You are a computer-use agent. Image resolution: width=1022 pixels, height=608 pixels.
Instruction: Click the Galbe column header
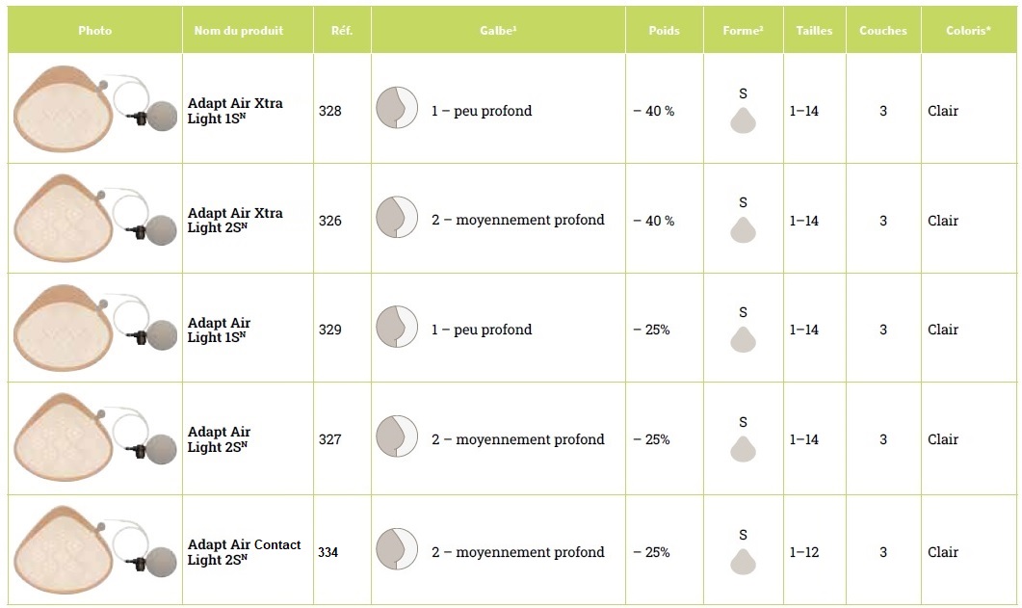coord(497,30)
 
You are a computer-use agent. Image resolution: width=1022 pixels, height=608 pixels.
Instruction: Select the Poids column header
coord(664,30)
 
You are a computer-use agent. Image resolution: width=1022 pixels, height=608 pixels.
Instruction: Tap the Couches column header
coord(882,30)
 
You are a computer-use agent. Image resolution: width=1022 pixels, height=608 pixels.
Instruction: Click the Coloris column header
coord(968,30)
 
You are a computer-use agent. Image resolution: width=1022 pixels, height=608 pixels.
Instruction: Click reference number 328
coord(329,111)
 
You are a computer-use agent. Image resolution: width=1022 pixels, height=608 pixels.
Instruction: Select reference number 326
coord(329,221)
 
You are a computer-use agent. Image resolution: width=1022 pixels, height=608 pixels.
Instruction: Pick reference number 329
coord(329,330)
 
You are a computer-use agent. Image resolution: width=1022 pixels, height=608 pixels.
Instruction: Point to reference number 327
coord(329,439)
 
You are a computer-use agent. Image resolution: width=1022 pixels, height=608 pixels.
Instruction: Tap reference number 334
coord(328,552)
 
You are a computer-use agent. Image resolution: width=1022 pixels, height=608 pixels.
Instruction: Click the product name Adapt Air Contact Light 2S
coord(244,552)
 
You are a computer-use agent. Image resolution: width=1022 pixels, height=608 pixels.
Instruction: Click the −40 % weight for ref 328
coord(653,111)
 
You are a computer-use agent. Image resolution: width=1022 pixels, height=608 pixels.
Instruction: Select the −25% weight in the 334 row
coord(651,552)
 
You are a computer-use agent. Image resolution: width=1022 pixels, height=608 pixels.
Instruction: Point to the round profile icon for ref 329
coord(396,327)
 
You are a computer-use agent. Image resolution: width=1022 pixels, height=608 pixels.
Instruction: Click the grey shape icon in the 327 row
coord(743,449)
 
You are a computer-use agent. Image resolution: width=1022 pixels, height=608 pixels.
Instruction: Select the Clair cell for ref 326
coord(943,221)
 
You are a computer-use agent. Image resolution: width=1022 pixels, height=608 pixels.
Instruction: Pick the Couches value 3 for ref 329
coord(882,330)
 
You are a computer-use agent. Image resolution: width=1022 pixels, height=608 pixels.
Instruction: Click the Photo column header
coord(94,30)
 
